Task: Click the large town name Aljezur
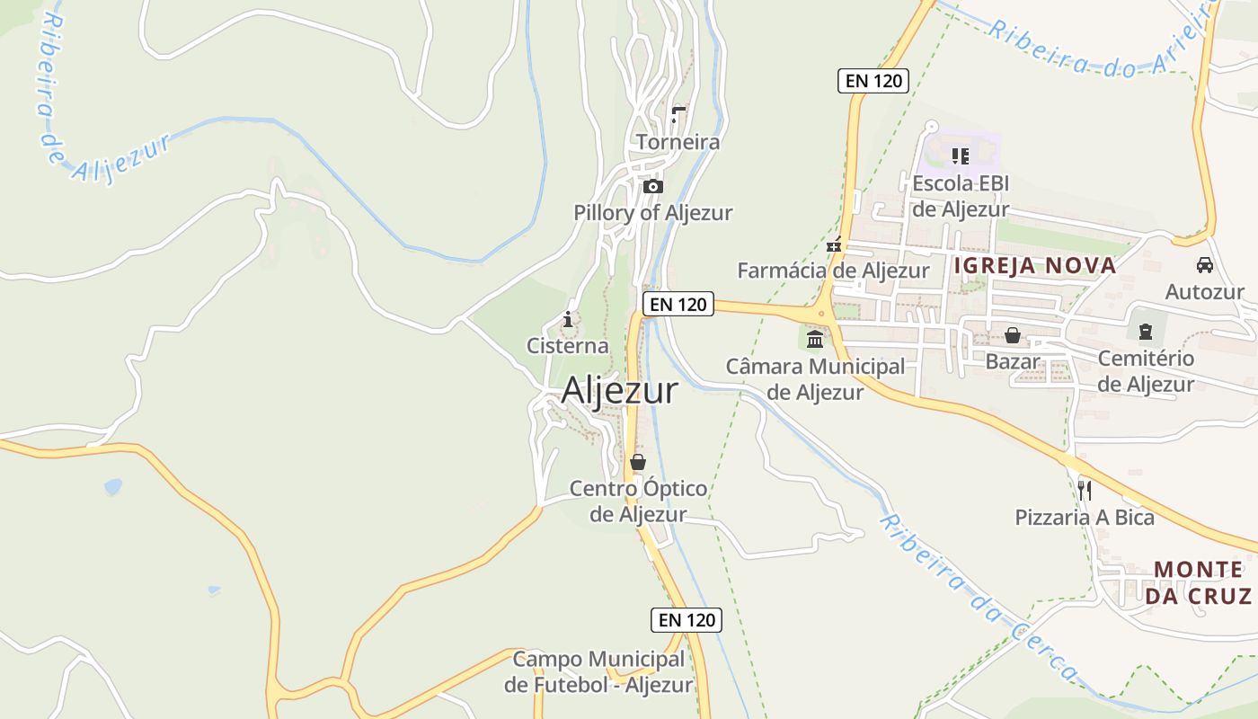[619, 391]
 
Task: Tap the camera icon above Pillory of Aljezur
[653, 187]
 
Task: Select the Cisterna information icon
[567, 319]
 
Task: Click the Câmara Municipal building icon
[815, 340]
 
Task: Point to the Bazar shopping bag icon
[1013, 335]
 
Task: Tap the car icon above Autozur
[1204, 265]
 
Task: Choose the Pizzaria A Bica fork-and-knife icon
[1085, 490]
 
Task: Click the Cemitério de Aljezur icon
[1146, 333]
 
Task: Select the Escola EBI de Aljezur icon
[961, 156]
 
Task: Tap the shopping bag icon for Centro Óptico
[638, 463]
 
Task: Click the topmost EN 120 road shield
[873, 80]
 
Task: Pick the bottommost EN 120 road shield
[687, 619]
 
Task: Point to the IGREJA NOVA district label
[1034, 265]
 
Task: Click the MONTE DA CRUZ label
[1198, 582]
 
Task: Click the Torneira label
[678, 142]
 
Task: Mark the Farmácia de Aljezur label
[833, 271]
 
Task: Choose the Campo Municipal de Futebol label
[598, 671]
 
